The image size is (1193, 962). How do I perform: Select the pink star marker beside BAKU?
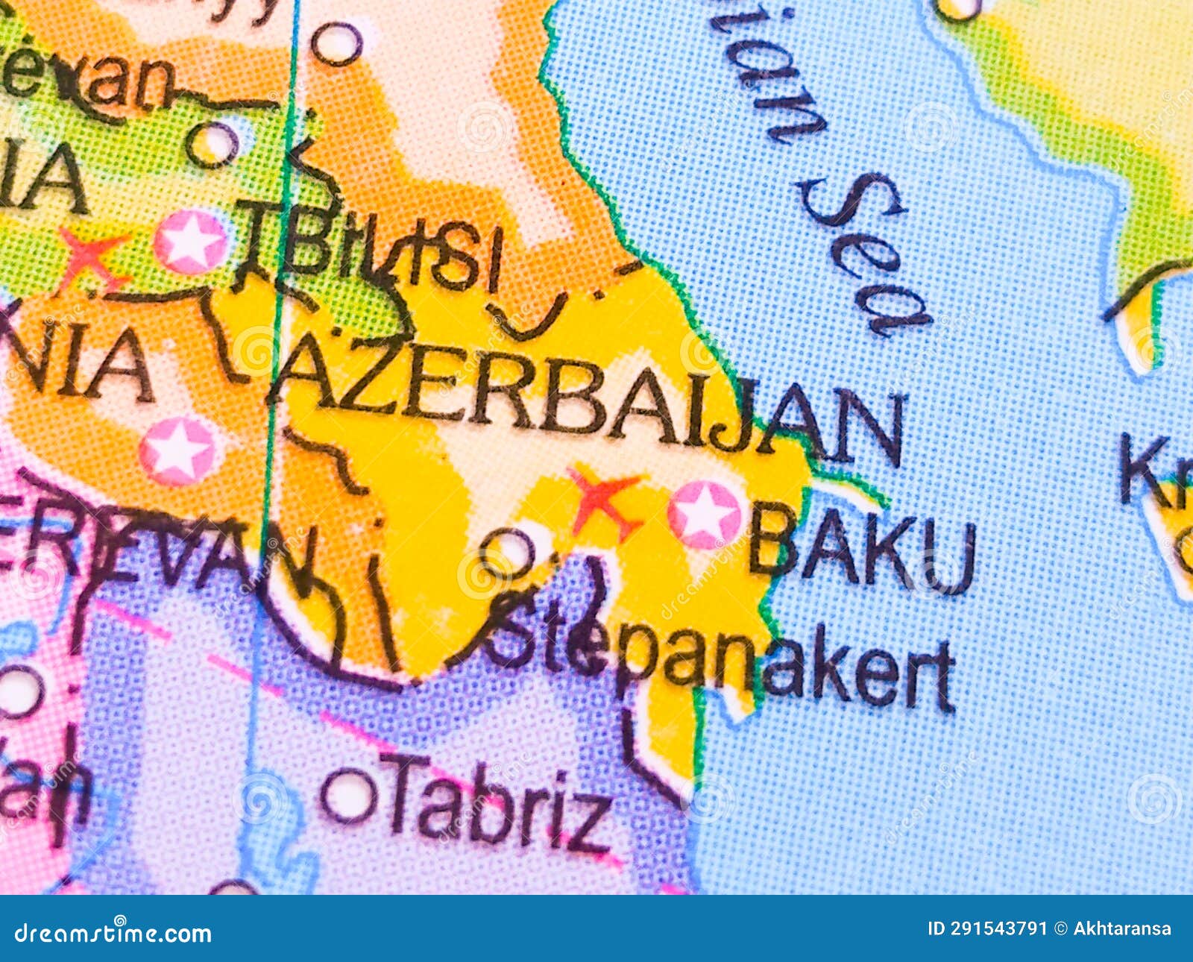(x=704, y=515)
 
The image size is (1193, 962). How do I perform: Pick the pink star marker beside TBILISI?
(x=191, y=241)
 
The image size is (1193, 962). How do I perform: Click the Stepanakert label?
(x=720, y=660)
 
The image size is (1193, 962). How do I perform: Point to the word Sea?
(x=865, y=254)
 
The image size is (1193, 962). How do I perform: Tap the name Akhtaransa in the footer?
(x=1122, y=929)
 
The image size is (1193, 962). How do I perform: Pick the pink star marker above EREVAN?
(x=178, y=450)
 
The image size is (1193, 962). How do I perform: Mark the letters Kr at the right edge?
(x=1156, y=470)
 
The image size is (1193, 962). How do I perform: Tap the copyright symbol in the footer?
(x=1061, y=929)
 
